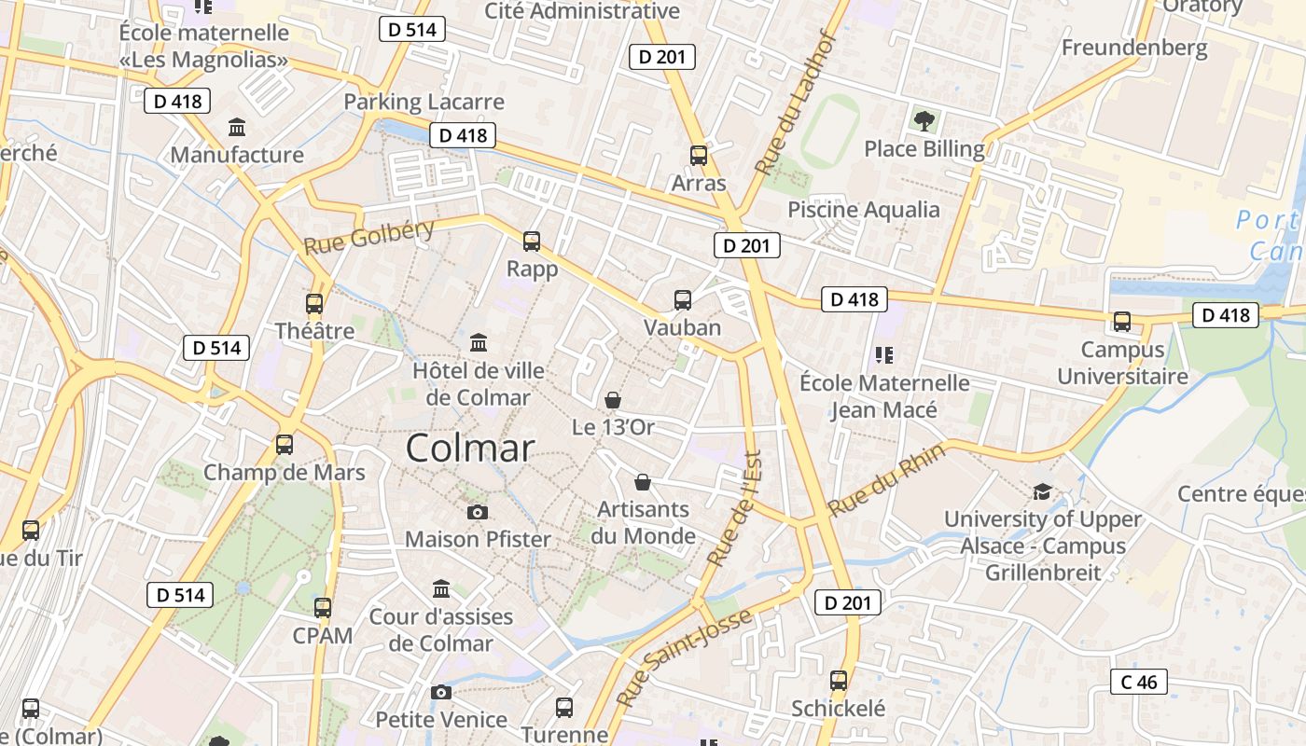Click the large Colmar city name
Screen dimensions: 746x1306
click(470, 449)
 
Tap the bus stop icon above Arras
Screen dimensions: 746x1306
click(699, 156)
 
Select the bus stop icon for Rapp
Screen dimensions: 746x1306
click(532, 242)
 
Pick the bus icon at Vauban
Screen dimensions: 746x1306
click(683, 300)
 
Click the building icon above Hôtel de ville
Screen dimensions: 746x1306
click(479, 342)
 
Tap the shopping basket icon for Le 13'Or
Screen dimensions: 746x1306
click(613, 400)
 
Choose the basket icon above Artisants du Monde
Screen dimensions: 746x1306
click(643, 482)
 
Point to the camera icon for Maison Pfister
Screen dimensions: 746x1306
click(478, 512)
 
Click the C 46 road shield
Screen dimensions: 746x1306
click(1139, 682)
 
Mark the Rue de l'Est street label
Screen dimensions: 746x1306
click(736, 508)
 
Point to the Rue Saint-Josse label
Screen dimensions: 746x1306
click(684, 657)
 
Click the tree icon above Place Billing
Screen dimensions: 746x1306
click(924, 120)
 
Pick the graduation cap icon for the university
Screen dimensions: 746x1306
click(1042, 491)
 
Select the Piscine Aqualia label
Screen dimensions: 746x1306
click(864, 209)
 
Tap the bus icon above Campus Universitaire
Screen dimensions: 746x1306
click(1122, 322)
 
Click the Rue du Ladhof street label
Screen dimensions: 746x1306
click(794, 104)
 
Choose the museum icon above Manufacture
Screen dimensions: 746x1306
click(237, 127)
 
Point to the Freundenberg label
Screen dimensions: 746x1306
click(1134, 48)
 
